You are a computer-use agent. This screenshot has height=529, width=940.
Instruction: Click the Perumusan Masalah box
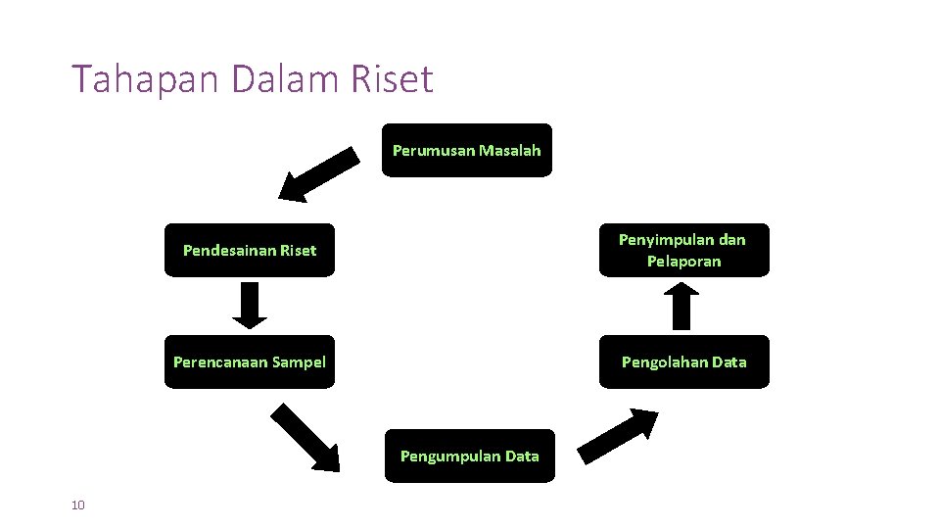466,150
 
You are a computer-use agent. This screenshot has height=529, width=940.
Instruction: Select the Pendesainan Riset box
249,251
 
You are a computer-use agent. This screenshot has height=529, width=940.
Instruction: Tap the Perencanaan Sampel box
249,362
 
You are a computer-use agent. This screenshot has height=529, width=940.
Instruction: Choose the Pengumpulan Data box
469,456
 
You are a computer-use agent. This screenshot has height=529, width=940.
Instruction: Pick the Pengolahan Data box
683,362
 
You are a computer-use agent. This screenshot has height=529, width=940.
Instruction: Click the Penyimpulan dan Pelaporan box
683,251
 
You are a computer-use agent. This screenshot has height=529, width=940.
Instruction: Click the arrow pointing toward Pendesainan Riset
319,173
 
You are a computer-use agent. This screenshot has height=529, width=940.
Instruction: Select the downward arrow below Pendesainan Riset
250,305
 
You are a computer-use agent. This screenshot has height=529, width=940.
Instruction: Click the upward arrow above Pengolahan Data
683,305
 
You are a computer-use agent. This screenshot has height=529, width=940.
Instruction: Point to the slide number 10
78,505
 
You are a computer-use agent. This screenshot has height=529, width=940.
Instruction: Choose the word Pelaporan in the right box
683,262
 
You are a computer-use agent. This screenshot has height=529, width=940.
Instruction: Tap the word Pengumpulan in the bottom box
449,456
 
